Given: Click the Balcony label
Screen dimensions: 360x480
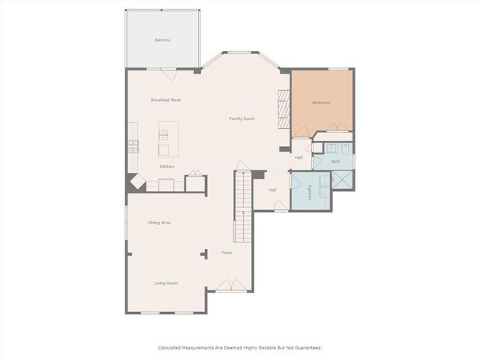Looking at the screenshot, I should (162, 40).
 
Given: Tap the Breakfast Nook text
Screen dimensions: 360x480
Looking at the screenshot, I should (166, 100).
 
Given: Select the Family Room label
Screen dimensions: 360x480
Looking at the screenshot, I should (241, 118).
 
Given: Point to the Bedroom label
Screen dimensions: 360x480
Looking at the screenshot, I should (322, 103).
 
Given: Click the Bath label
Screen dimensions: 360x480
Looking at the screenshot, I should (336, 161).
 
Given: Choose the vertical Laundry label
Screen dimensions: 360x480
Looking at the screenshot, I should (309, 193).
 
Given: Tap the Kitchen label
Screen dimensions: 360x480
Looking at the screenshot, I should (166, 166).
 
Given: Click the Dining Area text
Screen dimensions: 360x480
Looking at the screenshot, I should (159, 223).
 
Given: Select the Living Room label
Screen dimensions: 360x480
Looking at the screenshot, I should (166, 283).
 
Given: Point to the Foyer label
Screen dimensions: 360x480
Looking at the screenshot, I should (226, 253).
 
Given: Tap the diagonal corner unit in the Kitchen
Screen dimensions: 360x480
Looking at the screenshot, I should (136, 182).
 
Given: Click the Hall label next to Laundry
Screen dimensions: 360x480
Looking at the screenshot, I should (271, 190).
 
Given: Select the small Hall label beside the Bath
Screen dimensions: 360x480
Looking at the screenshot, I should (298, 157).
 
